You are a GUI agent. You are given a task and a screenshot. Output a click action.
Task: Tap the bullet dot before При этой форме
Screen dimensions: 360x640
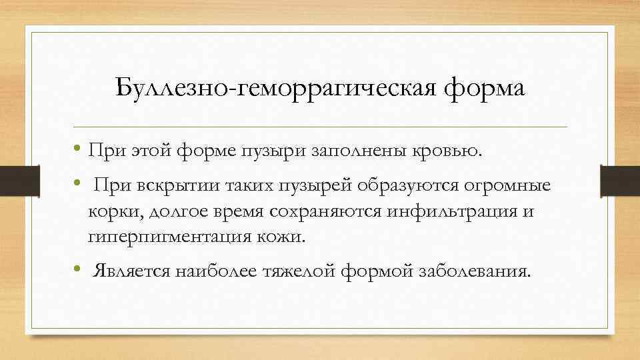(78, 149)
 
